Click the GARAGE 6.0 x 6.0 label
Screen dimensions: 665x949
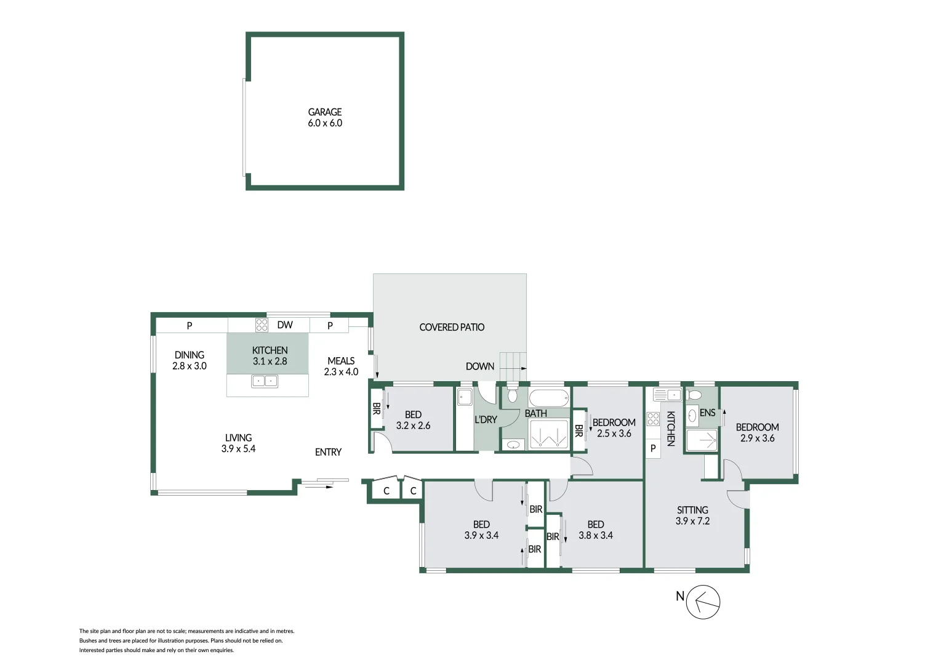(x=325, y=118)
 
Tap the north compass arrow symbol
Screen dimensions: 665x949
(x=702, y=602)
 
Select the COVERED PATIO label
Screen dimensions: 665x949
(x=452, y=328)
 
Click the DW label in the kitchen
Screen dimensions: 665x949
(x=284, y=325)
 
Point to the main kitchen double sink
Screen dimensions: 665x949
(x=265, y=382)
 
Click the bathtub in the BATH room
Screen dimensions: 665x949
(x=548, y=397)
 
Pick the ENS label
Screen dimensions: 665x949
(x=707, y=413)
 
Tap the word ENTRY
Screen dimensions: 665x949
(x=328, y=453)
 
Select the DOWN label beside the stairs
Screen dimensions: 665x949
(x=479, y=366)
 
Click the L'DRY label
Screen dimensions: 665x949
(x=486, y=420)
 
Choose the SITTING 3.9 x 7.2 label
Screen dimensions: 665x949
(x=692, y=515)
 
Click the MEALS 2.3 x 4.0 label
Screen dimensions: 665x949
(x=341, y=366)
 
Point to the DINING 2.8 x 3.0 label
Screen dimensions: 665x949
(x=189, y=360)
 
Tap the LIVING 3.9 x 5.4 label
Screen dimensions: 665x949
(x=238, y=443)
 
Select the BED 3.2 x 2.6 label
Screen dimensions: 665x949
(x=413, y=421)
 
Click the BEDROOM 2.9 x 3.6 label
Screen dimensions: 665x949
(x=757, y=433)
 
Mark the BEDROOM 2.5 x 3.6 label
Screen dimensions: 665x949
(x=614, y=428)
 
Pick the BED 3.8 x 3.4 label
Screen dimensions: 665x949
(x=595, y=530)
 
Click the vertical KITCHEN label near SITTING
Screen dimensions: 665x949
(x=671, y=429)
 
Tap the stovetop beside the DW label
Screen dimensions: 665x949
(x=262, y=325)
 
